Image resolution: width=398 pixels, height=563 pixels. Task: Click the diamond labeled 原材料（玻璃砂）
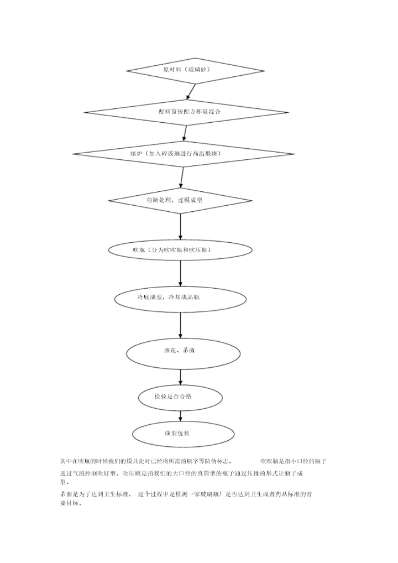click(186, 70)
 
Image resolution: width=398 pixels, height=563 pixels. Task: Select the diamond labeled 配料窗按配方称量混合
click(186, 112)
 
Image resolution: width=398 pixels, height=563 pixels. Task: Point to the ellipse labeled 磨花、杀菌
click(181, 351)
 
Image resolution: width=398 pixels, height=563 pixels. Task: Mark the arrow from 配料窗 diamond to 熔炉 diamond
click(185, 133)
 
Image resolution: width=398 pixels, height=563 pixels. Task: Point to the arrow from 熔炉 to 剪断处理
click(181, 177)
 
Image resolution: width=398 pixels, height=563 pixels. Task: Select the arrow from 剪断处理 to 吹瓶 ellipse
click(181, 227)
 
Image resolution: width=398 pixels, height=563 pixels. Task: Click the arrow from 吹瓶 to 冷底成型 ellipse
click(181, 273)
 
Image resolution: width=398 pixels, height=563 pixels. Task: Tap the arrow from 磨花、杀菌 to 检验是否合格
click(181, 377)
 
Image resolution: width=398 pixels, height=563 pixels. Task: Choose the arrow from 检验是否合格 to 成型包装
click(180, 415)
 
